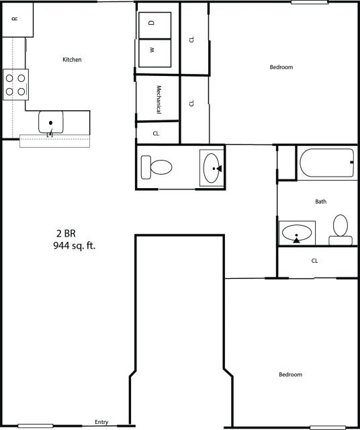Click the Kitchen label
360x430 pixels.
[72, 60]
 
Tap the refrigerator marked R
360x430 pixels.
[15, 19]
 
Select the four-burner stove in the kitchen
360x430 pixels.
[15, 83]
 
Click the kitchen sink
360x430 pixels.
[51, 122]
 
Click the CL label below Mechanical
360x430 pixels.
[156, 133]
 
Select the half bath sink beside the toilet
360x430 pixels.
[212, 167]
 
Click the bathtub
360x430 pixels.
[327, 163]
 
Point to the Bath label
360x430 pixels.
[320, 202]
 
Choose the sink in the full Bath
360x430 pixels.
[296, 234]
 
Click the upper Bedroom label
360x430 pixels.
[281, 67]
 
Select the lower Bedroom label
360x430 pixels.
[290, 374]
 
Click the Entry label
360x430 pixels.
[101, 422]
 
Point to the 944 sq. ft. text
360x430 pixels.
[74, 246]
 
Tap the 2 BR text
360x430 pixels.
[65, 233]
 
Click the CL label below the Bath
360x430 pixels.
[314, 261]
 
